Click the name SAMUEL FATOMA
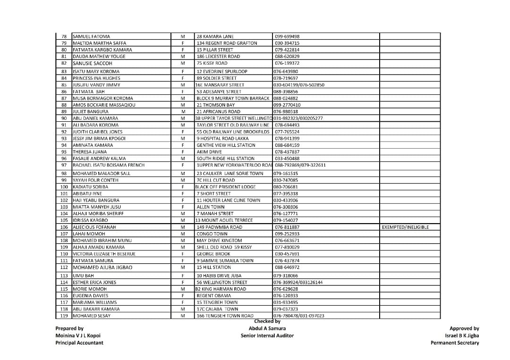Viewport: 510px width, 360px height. coord(92,36)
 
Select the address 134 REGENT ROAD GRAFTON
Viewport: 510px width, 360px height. coord(227,43)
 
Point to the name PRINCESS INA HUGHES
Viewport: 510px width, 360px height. coord(96,78)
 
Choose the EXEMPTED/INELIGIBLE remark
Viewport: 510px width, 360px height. coord(405,227)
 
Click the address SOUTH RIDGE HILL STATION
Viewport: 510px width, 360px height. coord(225,159)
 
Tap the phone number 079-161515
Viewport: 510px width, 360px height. coord(286,174)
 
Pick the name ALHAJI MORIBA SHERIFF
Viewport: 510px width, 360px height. coord(98,214)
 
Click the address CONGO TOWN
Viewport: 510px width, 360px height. coord(212,234)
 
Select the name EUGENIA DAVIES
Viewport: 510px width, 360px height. coord(90,296)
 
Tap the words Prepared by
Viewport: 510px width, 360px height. coord(69,328)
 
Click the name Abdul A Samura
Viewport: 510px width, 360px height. coord(267,328)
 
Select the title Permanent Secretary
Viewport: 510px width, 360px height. coord(454,343)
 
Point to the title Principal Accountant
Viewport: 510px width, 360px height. coord(79,343)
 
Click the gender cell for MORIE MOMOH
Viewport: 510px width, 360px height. coord(182,289)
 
